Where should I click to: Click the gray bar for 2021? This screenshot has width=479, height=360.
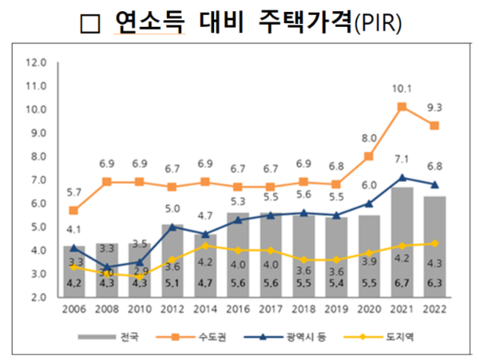[x=402, y=242]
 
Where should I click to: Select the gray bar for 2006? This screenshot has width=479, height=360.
[x=74, y=271]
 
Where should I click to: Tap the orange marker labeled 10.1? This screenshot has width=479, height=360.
[x=402, y=106]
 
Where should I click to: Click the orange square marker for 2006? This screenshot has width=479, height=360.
[x=74, y=210]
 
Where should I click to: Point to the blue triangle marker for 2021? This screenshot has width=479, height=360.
[x=402, y=177]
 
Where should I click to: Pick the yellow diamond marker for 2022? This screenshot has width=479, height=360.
[x=434, y=243]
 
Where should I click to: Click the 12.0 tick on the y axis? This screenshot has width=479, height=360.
[x=37, y=61]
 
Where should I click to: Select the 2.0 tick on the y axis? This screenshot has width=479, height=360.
[x=37, y=297]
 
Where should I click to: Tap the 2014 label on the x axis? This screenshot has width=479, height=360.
[x=205, y=309]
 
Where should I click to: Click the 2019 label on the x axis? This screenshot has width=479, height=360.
[x=336, y=309]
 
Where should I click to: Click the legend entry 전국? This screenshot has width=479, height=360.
[x=133, y=337]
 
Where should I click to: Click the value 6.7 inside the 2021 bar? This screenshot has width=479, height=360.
[x=402, y=283]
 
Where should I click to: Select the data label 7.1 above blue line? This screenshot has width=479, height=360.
[x=402, y=159]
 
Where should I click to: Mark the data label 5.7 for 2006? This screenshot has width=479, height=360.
[x=74, y=192]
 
